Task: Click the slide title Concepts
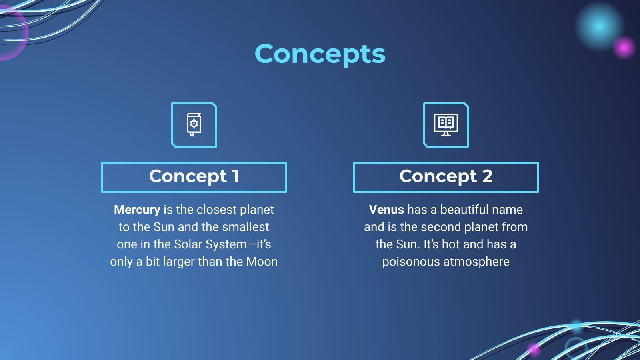tap(320, 54)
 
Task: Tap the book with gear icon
tap(194, 125)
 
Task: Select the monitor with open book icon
tap(446, 125)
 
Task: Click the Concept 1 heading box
tap(194, 177)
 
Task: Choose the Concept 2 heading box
tap(446, 177)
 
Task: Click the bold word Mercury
tap(137, 210)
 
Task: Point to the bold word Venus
tap(386, 210)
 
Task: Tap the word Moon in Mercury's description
tap(262, 262)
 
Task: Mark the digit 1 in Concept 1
tap(236, 176)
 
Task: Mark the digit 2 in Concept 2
tap(488, 176)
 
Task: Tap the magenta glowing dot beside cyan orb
tap(624, 48)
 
